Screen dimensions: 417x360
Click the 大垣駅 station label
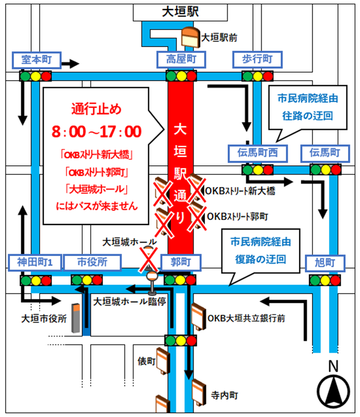(181, 12)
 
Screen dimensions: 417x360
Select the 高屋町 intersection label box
(181, 60)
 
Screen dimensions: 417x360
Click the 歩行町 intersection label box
(257, 60)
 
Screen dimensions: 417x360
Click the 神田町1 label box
(36, 262)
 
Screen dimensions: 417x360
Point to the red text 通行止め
(96, 109)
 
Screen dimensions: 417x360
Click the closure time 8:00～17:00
(96, 131)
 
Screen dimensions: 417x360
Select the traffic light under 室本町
(36, 77)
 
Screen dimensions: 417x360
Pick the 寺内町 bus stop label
(222, 395)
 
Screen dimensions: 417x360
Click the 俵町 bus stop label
(147, 361)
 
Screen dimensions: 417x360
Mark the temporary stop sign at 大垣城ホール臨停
(150, 282)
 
